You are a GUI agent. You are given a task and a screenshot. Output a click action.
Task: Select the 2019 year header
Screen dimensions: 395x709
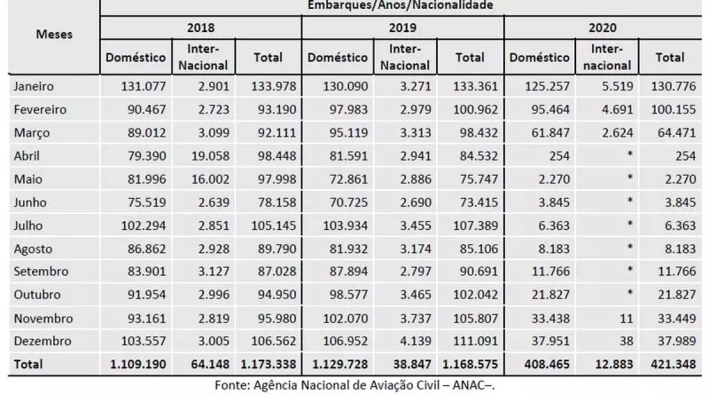point(402,28)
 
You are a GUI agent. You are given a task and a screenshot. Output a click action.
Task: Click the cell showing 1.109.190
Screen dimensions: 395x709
point(136,363)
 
